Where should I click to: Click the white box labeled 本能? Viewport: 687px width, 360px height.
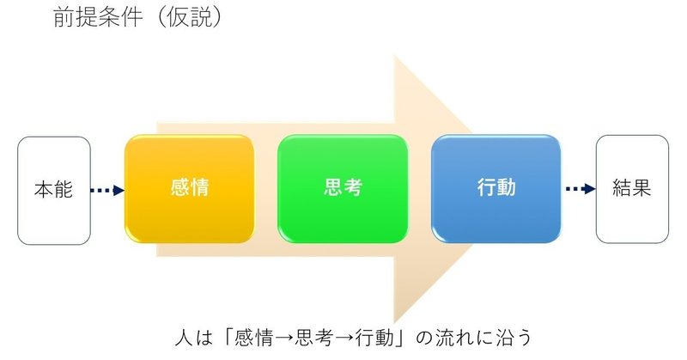(x=54, y=190)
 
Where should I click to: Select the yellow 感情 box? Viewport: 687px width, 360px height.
(x=189, y=188)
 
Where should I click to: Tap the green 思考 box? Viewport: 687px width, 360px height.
(x=343, y=188)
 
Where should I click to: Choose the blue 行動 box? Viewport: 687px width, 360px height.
(x=496, y=188)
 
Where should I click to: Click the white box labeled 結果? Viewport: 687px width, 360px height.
(x=632, y=189)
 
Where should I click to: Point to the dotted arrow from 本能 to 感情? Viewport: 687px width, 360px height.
(x=107, y=190)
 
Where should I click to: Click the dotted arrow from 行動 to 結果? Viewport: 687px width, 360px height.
(x=581, y=189)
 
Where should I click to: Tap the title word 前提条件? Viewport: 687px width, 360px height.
(x=98, y=17)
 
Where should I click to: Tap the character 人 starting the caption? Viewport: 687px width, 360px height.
(x=184, y=338)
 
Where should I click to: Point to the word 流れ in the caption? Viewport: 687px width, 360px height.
(x=454, y=338)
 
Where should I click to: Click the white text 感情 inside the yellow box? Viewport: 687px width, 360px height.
(x=190, y=187)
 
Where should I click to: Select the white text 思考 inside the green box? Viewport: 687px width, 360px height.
(x=343, y=187)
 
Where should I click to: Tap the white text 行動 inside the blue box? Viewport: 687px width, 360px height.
(x=496, y=187)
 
